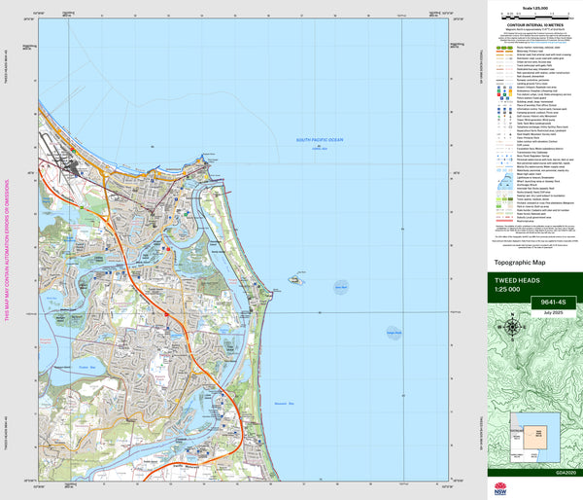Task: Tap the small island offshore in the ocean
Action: [x=293, y=280]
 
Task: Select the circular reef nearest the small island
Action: [x=339, y=287]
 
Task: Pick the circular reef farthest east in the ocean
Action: [x=393, y=333]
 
